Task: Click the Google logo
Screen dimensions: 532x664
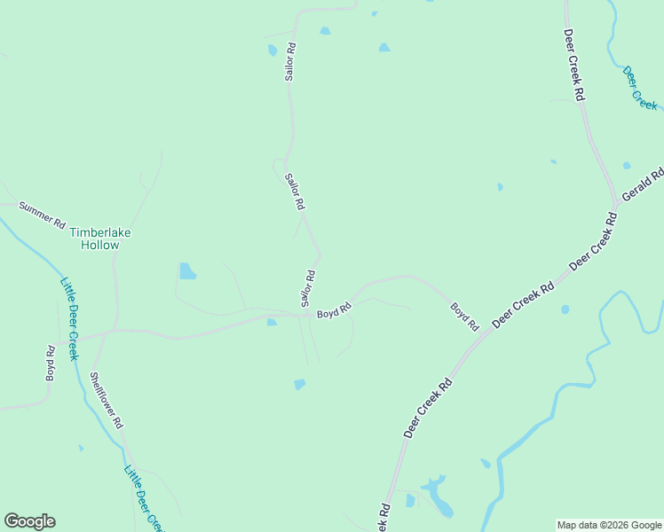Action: tap(29, 521)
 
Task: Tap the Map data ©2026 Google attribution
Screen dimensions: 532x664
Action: tap(609, 525)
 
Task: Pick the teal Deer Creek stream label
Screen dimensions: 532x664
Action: tap(639, 87)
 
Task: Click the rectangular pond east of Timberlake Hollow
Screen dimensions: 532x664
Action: tap(187, 270)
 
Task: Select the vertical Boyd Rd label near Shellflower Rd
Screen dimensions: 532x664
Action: tap(51, 364)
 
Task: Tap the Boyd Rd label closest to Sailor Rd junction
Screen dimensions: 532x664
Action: tap(335, 310)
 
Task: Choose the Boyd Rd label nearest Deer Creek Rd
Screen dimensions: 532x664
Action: tap(464, 317)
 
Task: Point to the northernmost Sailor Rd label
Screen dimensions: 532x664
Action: tap(289, 62)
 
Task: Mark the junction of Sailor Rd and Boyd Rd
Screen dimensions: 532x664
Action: tap(306, 314)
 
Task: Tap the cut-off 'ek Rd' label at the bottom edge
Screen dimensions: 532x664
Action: tap(383, 519)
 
